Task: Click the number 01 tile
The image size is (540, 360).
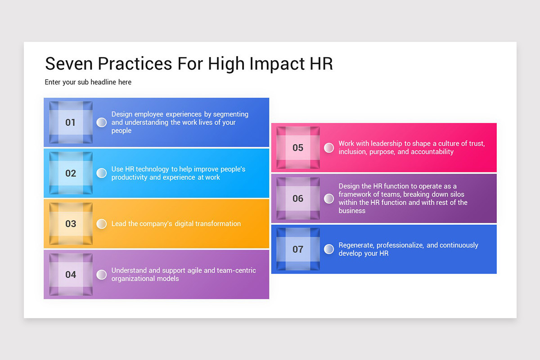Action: (71, 122)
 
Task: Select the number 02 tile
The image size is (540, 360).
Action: (71, 173)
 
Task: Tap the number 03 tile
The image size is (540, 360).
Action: (71, 224)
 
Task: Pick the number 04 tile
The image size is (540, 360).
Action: (71, 274)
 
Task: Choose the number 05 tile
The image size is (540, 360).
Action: (298, 148)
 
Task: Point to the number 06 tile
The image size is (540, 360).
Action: (298, 198)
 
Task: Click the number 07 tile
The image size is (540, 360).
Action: (298, 249)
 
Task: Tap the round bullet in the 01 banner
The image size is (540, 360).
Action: (102, 122)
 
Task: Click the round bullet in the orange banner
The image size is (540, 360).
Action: (102, 224)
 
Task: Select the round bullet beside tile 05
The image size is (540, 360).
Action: (329, 148)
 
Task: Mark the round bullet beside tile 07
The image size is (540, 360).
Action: (329, 249)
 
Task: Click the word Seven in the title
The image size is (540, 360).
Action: (69, 64)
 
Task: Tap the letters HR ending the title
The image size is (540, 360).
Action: (321, 64)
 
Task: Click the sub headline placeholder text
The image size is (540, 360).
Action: (88, 82)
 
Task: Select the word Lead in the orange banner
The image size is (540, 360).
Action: (119, 224)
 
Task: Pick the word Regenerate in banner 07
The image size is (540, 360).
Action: (356, 245)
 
